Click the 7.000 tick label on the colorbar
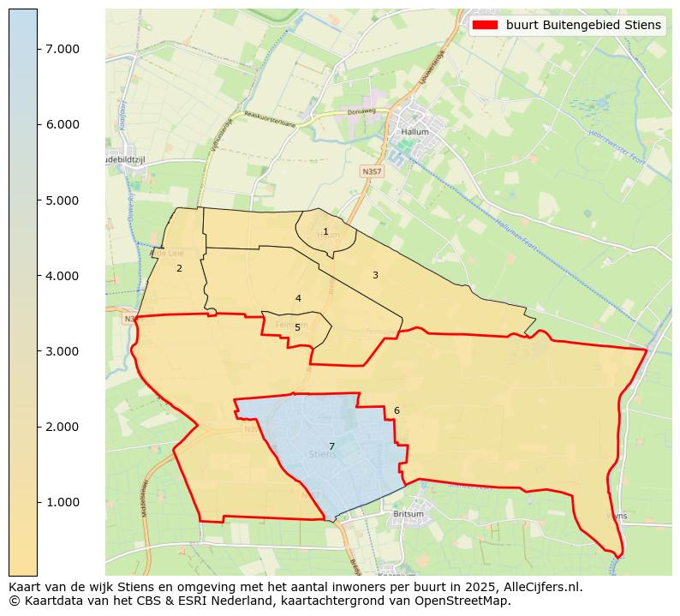63,49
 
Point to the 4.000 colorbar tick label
63,276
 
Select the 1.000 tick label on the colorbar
63,502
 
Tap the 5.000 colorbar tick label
63,200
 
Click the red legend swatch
485,25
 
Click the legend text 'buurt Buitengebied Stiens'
583,25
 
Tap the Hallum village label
415,133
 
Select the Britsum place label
408,514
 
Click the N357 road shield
372,171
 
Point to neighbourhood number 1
325,231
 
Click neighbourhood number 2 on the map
179,268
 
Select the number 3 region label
375,275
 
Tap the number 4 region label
298,298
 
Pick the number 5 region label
297,327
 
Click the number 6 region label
397,410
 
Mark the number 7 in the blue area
331,446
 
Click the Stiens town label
322,455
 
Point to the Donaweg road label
363,111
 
